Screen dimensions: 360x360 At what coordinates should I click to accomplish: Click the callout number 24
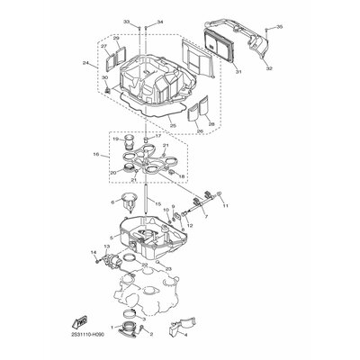point(85,64)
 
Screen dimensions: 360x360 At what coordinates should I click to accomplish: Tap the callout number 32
point(269,67)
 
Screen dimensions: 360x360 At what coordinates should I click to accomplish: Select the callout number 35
point(280,29)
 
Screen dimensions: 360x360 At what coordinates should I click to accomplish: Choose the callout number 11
point(226,205)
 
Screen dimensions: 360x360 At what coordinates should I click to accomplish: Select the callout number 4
point(185,342)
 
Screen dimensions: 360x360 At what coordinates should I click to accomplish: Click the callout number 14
point(92,251)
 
